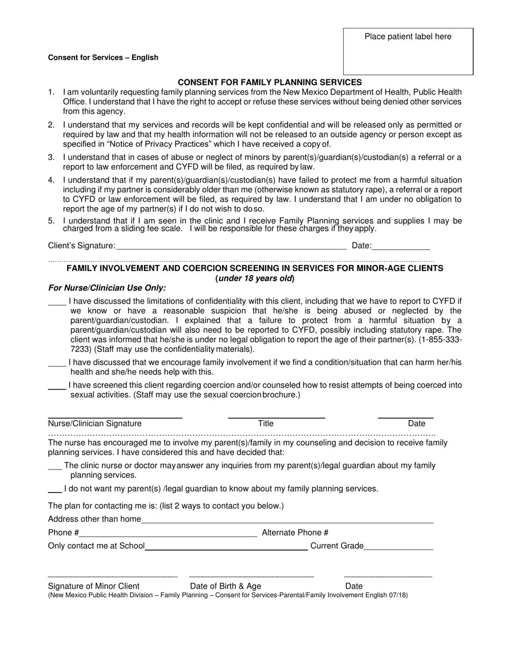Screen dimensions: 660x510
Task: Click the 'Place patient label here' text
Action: coord(407,36)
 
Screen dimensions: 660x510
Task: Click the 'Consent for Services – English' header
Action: coord(103,57)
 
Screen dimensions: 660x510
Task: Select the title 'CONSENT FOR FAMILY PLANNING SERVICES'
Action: coord(269,82)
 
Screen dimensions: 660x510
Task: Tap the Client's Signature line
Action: coord(231,246)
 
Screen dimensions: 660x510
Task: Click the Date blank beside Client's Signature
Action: coord(400,246)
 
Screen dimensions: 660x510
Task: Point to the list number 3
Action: coord(52,157)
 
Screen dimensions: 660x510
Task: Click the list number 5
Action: coord(52,221)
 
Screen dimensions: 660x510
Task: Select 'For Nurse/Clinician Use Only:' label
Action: coord(107,288)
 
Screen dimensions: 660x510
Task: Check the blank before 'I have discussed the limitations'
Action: coord(57,302)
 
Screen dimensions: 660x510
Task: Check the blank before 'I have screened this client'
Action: coord(57,386)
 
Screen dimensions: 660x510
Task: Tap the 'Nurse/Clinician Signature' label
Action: coord(95,423)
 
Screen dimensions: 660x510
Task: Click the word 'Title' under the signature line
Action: coord(266,423)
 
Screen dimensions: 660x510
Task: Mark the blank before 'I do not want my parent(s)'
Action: coord(55,489)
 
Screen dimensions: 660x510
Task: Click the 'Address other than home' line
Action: coord(287,519)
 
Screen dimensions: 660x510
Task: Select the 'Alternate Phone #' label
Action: coord(295,532)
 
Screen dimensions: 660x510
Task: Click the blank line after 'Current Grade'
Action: coord(398,547)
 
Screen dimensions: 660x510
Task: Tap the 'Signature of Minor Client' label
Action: coord(94,586)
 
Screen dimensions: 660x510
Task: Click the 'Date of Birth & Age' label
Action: coord(225,586)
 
